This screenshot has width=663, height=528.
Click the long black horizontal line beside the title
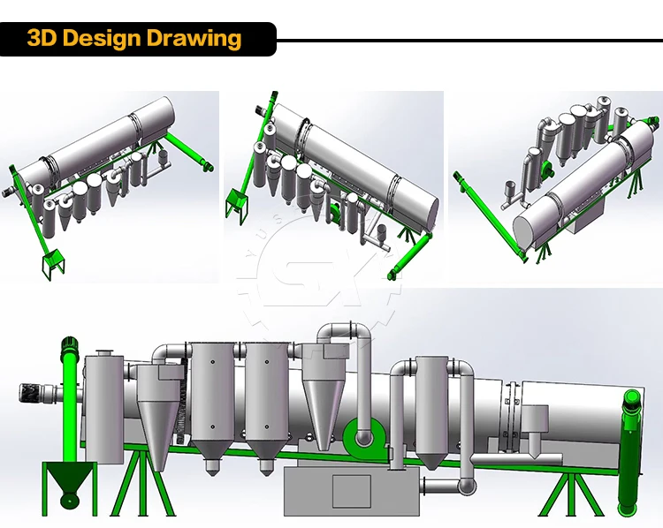click(x=469, y=40)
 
